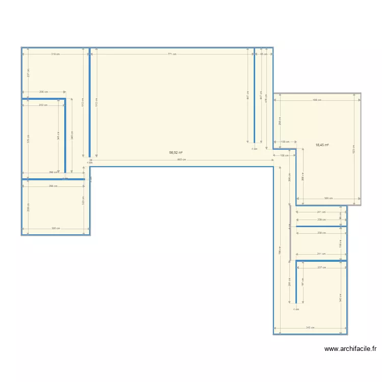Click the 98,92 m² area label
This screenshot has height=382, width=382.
[176, 152]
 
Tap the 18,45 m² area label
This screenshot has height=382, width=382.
[322, 145]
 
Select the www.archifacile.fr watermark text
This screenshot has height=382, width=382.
[350, 349]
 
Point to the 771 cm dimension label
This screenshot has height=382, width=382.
[172, 54]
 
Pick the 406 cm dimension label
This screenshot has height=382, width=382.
[316, 100]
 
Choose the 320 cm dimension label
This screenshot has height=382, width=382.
[55, 228]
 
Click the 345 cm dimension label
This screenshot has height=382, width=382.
[310, 328]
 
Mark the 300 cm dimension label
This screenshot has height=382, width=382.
[328, 198]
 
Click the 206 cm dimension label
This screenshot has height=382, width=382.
[43, 92]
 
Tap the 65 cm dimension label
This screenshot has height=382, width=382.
[263, 54]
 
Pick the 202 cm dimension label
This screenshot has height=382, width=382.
[43, 105]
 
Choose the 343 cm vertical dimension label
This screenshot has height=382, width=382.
[340, 298]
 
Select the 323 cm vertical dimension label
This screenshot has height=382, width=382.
[83, 202]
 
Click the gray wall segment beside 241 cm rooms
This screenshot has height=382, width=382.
[290, 233]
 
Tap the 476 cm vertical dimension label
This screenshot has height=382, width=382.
[266, 98]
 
